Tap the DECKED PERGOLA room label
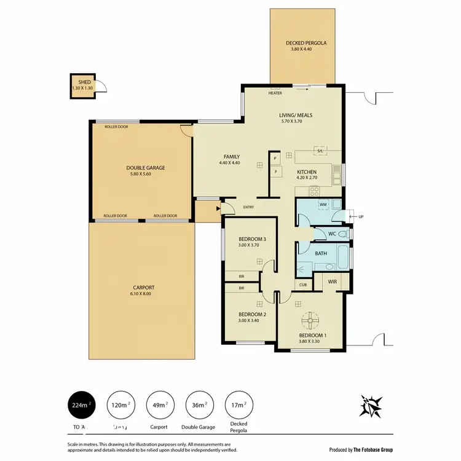[305, 43]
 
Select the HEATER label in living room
[275, 93]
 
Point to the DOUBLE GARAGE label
[145, 168]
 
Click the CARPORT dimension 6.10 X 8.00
[143, 294]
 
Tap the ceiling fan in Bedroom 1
[312, 320]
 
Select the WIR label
[333, 282]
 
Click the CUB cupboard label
[303, 285]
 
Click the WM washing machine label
[323, 204]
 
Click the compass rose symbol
[372, 405]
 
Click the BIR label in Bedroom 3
[242, 277]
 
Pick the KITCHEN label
[307, 172]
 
